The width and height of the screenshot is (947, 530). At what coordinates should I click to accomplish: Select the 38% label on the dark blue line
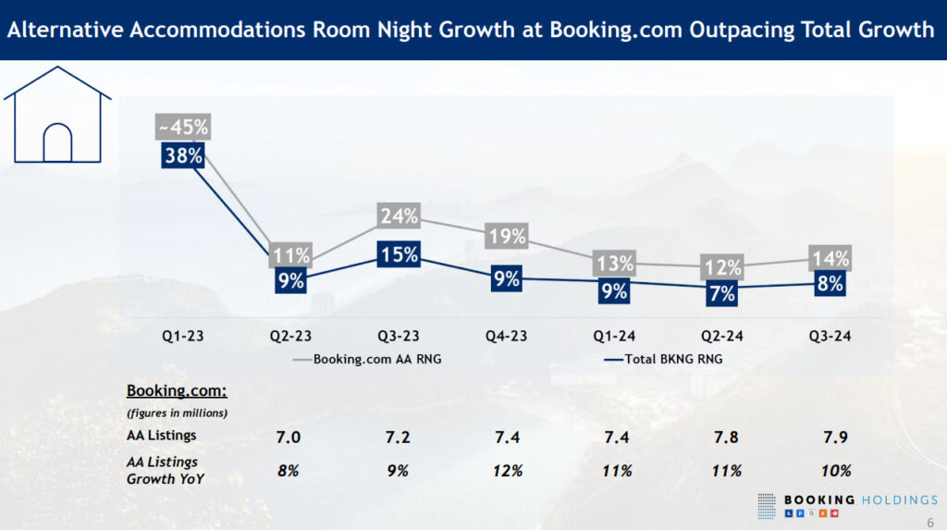coord(183,155)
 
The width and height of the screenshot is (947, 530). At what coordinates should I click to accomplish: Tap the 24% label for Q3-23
coord(399,216)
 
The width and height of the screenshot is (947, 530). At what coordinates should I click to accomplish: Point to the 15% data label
coord(399,253)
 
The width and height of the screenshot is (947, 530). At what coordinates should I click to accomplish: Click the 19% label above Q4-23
coord(507,236)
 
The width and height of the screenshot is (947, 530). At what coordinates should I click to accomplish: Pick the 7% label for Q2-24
coord(722,293)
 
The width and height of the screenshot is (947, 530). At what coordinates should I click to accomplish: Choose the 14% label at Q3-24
coord(830,258)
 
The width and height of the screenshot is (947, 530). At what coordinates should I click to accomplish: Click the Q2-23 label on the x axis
coord(290,337)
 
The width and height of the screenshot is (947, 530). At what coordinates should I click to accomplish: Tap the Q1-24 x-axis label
coord(614,337)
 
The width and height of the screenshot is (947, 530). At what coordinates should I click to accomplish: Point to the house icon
coord(57,116)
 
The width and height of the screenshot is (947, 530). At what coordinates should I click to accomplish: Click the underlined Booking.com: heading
coord(177,390)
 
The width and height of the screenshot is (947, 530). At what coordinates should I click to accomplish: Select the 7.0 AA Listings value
coord(289,435)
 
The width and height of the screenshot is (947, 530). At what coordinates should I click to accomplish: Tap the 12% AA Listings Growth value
coord(507,470)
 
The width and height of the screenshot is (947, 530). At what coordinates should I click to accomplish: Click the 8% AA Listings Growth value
coord(289,470)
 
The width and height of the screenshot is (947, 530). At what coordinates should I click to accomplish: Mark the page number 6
coord(930,522)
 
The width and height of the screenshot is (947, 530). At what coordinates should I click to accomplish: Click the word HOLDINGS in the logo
coord(901,500)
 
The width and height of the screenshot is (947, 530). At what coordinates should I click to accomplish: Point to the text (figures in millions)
coord(177,413)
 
